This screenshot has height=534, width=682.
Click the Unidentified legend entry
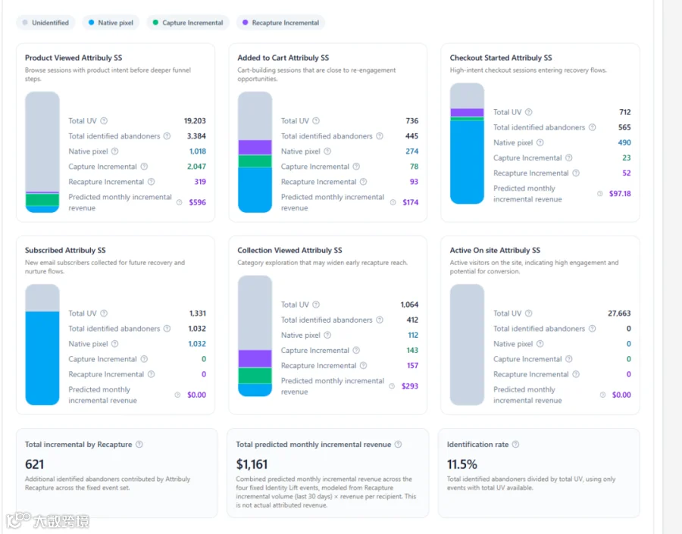click(45, 23)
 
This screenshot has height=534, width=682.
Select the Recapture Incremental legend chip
click(280, 23)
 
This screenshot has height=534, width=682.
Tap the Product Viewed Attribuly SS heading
click(74, 58)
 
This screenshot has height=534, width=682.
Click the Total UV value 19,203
click(195, 121)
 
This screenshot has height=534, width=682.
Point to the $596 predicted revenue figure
click(198, 202)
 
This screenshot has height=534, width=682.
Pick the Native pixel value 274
click(412, 151)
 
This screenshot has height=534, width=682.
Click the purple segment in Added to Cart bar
click(255, 148)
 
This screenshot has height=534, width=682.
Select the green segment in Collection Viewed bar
click(255, 376)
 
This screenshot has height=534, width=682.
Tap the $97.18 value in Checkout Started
click(620, 193)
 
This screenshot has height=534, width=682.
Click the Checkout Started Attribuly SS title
click(501, 58)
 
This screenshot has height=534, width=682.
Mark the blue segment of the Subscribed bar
click(42, 358)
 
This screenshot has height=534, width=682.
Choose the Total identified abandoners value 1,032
click(197, 329)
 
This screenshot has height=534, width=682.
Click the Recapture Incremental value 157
click(412, 366)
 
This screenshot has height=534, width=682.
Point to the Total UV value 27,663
click(619, 314)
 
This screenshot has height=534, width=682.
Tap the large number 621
click(34, 464)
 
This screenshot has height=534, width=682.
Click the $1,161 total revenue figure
click(252, 464)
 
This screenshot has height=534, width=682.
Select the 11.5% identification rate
click(462, 464)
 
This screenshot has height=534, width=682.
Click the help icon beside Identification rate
click(515, 445)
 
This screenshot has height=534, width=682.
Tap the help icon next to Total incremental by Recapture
click(139, 445)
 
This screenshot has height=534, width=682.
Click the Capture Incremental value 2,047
click(196, 167)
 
